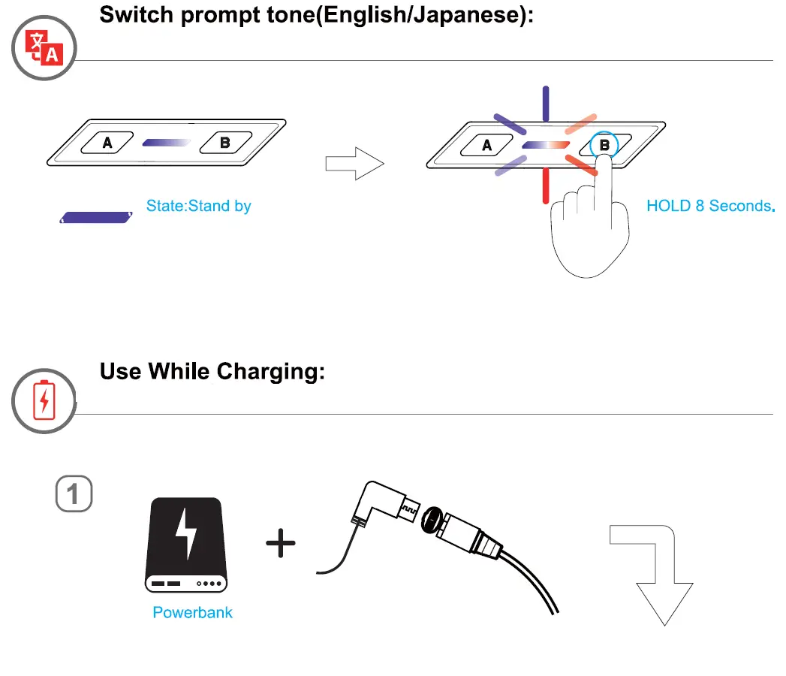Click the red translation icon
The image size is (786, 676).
click(43, 47)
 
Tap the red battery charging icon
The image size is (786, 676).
click(44, 400)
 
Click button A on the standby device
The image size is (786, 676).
click(107, 141)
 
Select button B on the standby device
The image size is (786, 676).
click(224, 141)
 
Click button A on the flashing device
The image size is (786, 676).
click(487, 145)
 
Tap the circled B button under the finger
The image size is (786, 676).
click(604, 145)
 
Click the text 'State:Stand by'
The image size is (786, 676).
click(198, 206)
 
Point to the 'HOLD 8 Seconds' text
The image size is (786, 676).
click(709, 206)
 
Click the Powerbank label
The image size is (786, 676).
click(192, 612)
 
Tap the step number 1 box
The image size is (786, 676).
click(74, 493)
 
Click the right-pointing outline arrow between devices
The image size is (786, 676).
click(354, 164)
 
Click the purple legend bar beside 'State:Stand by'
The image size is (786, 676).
click(95, 218)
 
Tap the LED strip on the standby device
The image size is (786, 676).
click(166, 141)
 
